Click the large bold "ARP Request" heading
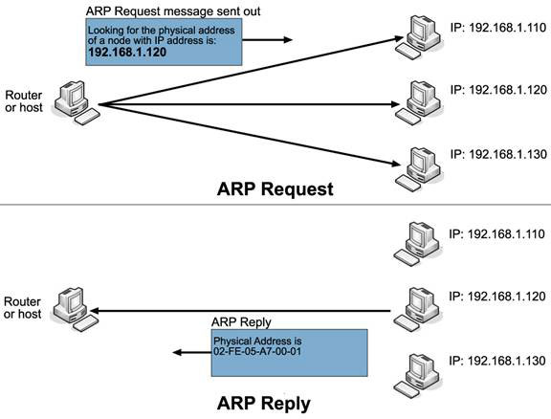pos(275,188)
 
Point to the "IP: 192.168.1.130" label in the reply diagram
pos(496,361)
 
